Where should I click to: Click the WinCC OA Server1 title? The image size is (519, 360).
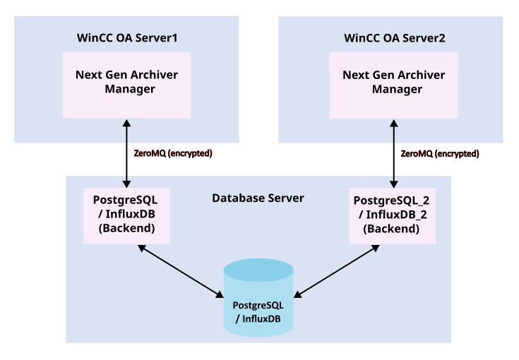(126, 37)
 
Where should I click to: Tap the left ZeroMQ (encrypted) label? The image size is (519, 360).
(173, 153)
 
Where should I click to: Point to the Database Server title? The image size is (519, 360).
(258, 198)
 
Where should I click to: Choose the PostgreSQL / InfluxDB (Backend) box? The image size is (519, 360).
(126, 215)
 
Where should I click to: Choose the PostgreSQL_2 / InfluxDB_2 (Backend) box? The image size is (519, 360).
(390, 215)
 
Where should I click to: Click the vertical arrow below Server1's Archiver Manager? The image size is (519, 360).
(126, 152)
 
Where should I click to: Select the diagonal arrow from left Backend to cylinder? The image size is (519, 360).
(181, 270)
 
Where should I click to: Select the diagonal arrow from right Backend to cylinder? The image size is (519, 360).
(337, 270)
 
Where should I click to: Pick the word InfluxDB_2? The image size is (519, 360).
(396, 215)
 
